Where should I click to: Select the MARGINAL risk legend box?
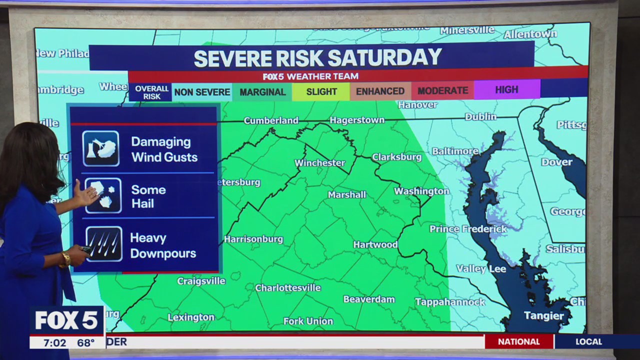[262, 92]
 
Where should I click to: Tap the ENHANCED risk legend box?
[380, 91]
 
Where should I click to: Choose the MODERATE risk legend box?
[442, 90]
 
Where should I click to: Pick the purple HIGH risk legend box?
[506, 89]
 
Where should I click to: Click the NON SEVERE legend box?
[202, 92]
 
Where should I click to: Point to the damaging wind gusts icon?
[101, 148]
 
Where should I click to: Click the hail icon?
[103, 195]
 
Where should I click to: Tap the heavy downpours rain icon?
[103, 244]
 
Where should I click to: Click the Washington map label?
[421, 191]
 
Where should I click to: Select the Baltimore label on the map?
[455, 151]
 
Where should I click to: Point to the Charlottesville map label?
[288, 288]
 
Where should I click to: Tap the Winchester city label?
[320, 163]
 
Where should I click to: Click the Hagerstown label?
[357, 120]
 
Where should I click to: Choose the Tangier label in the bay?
[544, 315]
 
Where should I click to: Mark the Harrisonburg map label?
[253, 239]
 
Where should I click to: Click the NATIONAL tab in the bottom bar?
[519, 341]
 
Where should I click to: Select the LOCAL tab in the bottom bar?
[588, 341]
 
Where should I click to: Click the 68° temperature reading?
[86, 343]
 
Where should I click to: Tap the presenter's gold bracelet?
[66, 259]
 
